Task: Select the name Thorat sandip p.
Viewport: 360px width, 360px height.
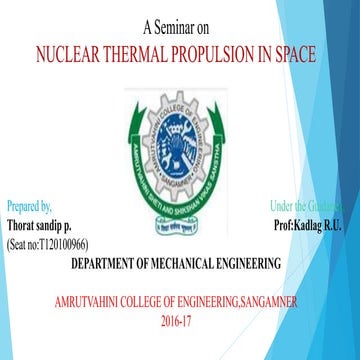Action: click(x=39, y=225)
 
